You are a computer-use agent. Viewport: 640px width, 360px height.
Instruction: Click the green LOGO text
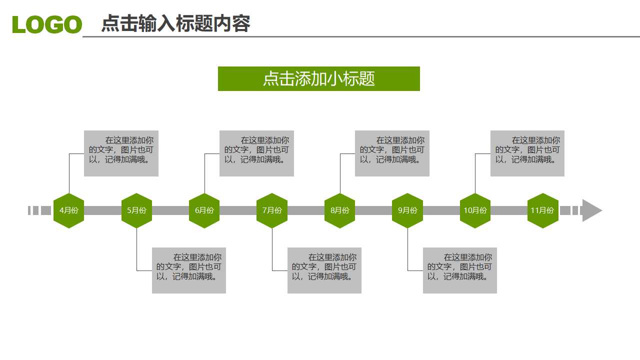coord(47,24)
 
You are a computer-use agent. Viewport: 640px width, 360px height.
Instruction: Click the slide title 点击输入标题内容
coord(175,23)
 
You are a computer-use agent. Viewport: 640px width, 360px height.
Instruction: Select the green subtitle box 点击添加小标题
coord(318,78)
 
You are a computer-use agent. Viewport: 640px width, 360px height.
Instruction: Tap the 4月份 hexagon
coord(69,210)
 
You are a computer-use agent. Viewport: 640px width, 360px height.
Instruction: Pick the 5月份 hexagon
coord(136,210)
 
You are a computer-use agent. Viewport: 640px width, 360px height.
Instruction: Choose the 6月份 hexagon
coord(204,210)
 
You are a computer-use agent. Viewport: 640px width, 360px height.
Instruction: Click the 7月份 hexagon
coord(272,210)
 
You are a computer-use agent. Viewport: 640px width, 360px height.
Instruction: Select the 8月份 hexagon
coord(339,210)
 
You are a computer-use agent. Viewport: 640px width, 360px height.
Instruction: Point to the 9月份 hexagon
coord(407,210)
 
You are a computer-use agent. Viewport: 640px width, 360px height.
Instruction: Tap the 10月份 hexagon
coord(475,210)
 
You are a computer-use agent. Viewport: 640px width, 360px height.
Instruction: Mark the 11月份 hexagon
coord(542,210)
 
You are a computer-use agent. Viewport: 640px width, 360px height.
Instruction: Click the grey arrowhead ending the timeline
coord(591,210)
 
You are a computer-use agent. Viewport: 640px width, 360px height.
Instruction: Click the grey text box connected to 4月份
coord(121,153)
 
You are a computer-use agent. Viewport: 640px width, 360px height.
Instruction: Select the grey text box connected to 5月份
coord(189,270)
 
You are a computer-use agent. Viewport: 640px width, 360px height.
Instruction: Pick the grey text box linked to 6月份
coord(256,153)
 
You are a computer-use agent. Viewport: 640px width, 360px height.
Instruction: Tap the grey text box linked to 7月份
coord(324,270)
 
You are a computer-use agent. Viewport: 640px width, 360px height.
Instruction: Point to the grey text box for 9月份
coord(460,270)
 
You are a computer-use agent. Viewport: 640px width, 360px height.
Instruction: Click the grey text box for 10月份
coord(527,153)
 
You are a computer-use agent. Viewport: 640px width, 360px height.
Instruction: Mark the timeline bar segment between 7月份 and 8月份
coord(306,210)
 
